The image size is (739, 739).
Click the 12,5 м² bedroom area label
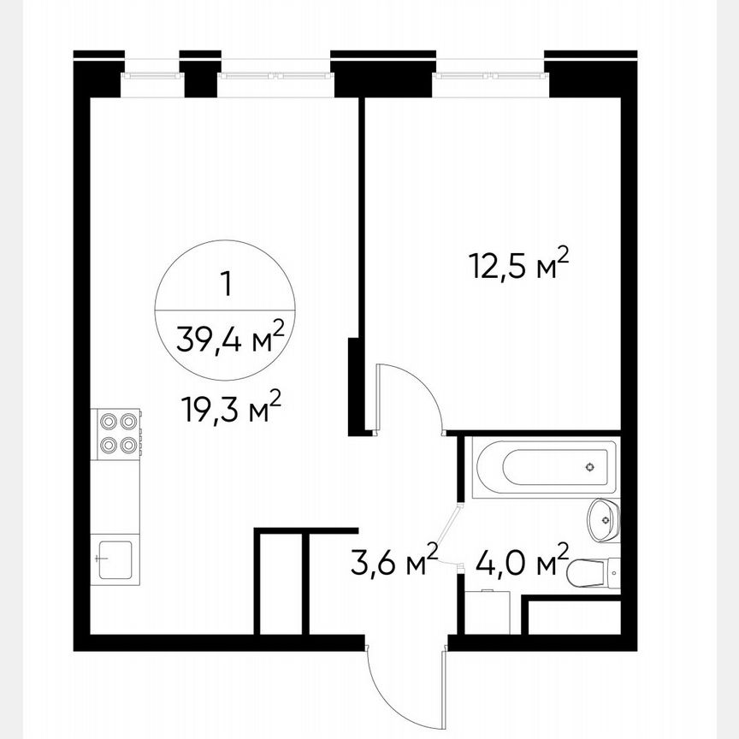(518, 267)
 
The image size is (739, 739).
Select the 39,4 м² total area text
(229, 341)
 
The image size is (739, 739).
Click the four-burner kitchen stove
(118, 432)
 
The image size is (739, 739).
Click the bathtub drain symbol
(589, 467)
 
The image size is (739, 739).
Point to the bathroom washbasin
(604, 518)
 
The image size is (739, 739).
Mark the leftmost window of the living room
(152, 75)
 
